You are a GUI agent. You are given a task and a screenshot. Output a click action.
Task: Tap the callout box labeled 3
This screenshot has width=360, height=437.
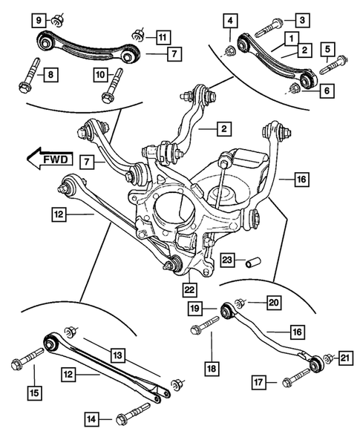tap(302, 19)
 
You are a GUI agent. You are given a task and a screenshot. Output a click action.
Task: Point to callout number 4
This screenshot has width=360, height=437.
tap(232, 19)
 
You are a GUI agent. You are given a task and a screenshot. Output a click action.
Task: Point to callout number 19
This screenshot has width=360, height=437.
tap(194, 308)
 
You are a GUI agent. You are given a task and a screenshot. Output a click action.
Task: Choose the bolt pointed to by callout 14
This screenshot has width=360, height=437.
tap(134, 412)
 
